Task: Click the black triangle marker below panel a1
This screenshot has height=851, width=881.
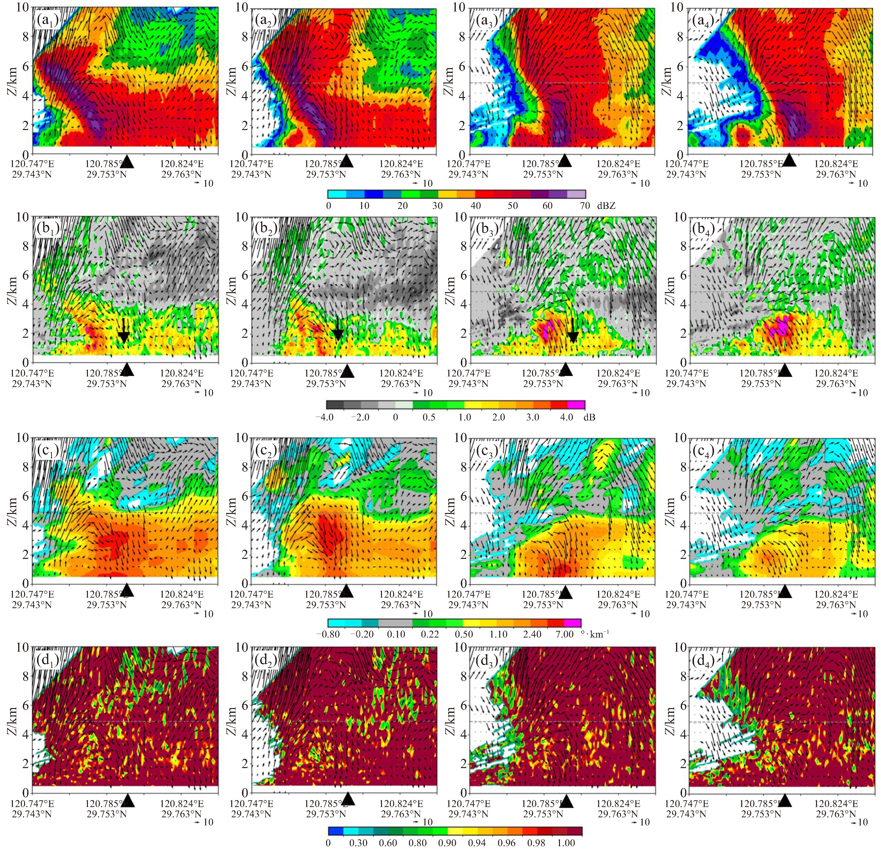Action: point(127,161)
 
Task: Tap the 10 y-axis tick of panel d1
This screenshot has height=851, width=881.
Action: point(22,648)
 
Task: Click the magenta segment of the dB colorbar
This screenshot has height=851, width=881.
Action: point(576,405)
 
